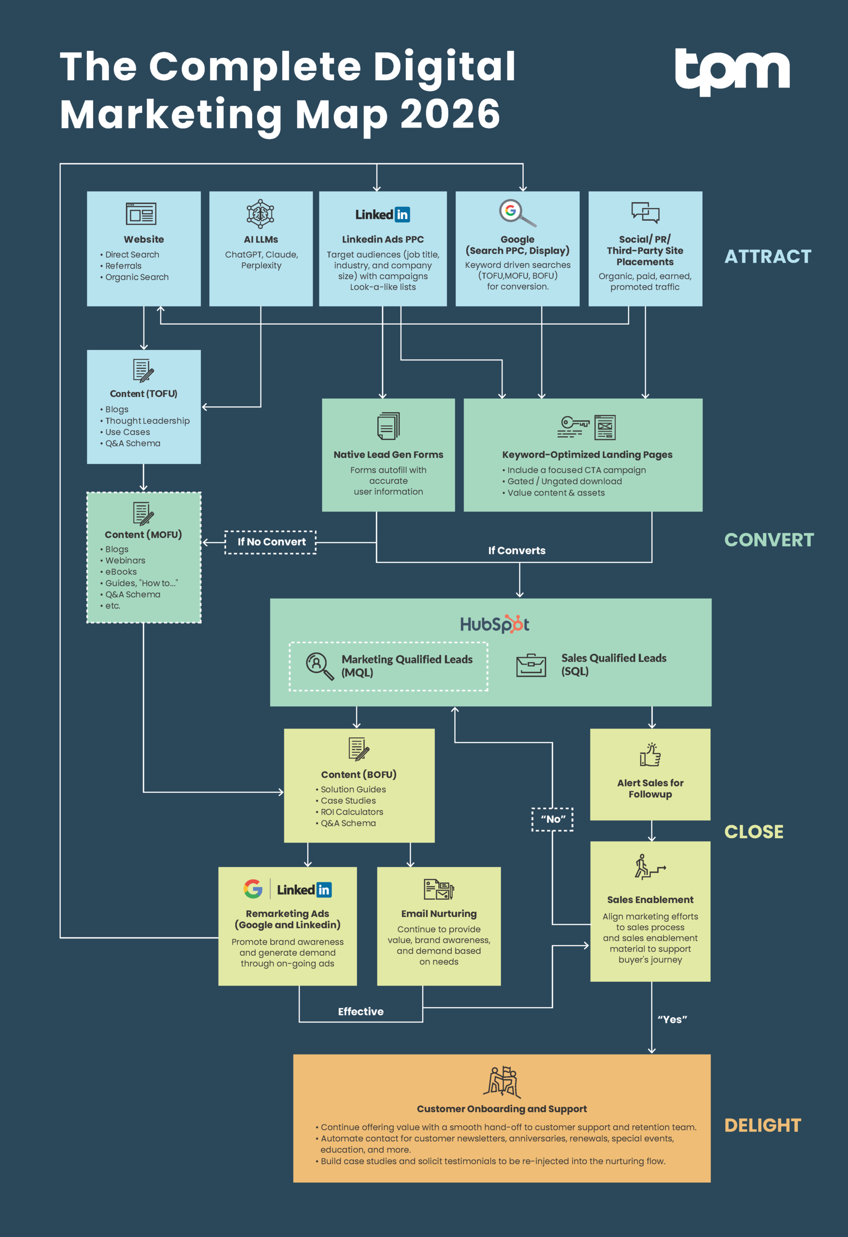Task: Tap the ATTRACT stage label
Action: (x=768, y=257)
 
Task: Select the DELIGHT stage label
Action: (x=762, y=1125)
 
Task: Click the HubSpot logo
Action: (x=494, y=624)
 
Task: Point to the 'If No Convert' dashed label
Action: (x=271, y=542)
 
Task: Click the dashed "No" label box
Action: (x=553, y=819)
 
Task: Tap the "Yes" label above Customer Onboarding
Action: (x=672, y=1019)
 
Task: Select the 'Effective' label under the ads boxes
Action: (x=360, y=1011)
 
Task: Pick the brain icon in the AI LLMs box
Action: (x=260, y=214)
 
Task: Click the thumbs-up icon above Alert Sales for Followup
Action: (x=650, y=755)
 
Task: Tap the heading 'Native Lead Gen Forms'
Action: (x=388, y=455)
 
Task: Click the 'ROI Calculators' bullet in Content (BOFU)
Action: (x=351, y=812)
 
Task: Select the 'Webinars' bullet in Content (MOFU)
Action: (x=125, y=561)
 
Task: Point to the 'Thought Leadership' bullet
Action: (x=147, y=420)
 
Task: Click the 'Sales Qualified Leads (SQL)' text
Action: (x=613, y=664)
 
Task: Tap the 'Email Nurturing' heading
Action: (x=439, y=913)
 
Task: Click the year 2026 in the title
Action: (x=450, y=114)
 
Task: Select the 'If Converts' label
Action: (x=517, y=550)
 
